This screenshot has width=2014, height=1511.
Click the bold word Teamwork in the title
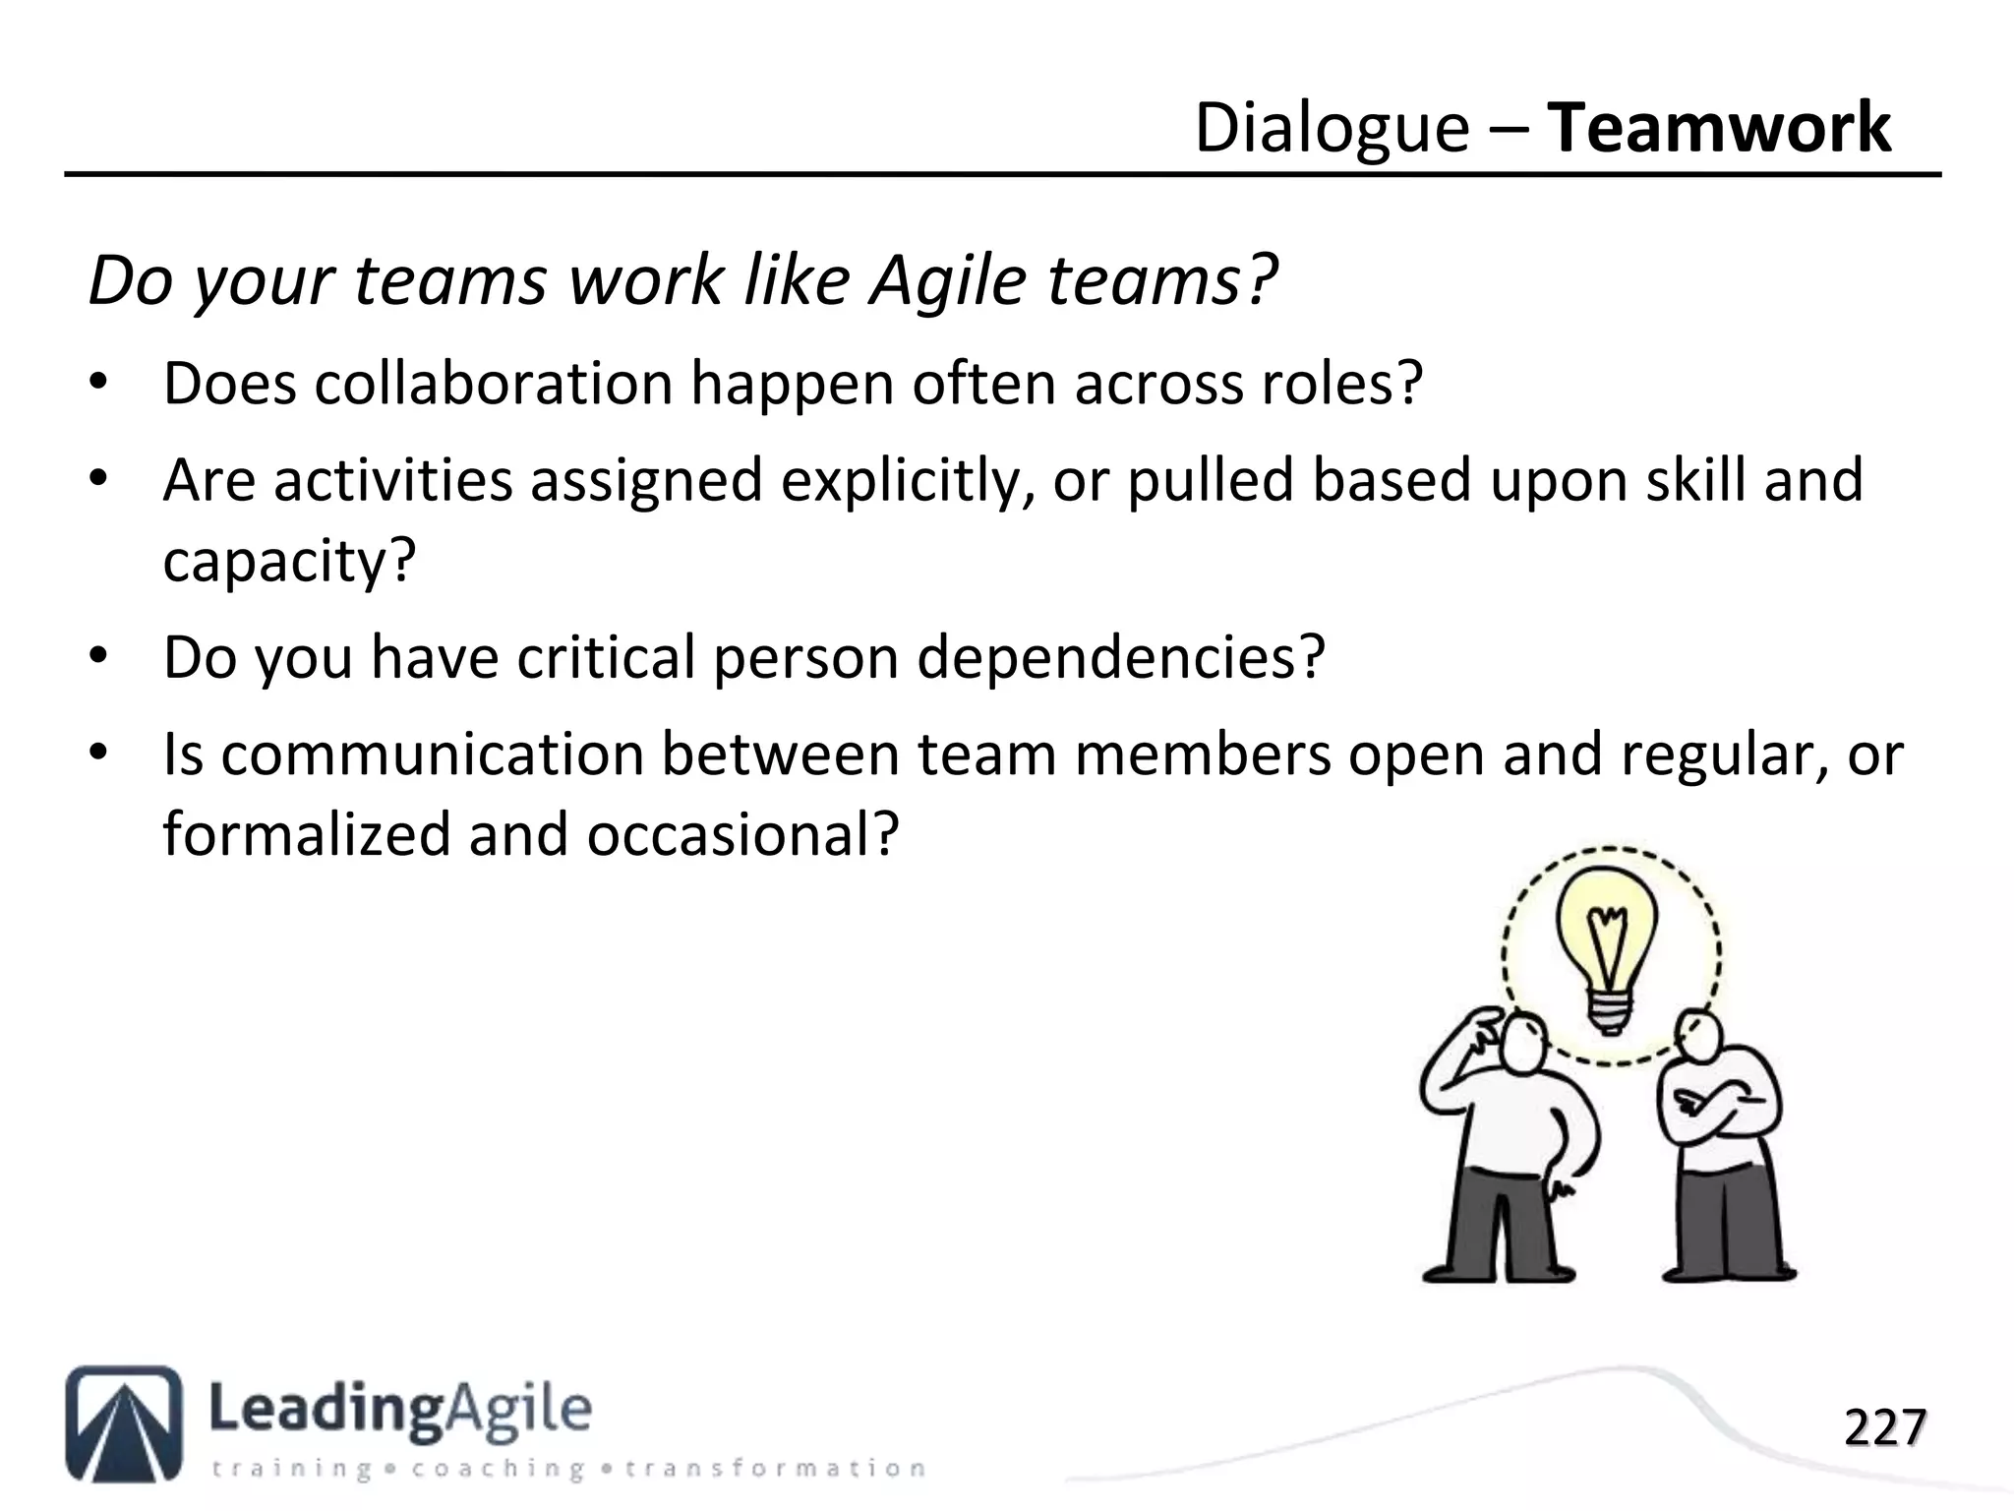pos(1719,128)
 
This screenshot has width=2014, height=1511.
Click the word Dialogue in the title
pos(1332,130)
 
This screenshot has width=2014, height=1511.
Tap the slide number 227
pos(1884,1428)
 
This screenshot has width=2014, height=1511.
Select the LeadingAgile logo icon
pos(124,1422)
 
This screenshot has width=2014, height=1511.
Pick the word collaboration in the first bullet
pos(494,384)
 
